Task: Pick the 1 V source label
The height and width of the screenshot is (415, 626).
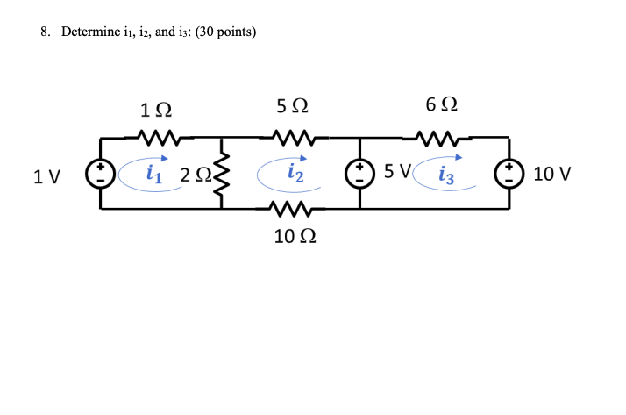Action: pyautogui.click(x=46, y=175)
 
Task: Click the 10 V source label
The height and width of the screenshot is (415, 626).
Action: pyautogui.click(x=551, y=174)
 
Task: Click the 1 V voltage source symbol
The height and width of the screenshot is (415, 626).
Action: pyautogui.click(x=101, y=173)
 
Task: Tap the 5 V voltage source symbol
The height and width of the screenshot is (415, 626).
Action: pyautogui.click(x=360, y=173)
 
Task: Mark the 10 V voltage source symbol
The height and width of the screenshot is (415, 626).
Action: pyautogui.click(x=510, y=173)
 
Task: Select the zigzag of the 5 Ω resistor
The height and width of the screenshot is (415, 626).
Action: pyautogui.click(x=291, y=137)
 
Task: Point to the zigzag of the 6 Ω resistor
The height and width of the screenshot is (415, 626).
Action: pyautogui.click(x=437, y=137)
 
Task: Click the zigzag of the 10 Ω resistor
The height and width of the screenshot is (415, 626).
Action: pyautogui.click(x=291, y=209)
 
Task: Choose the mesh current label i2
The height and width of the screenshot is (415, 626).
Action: pyautogui.click(x=295, y=174)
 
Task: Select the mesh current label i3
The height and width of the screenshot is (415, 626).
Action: pyautogui.click(x=447, y=174)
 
